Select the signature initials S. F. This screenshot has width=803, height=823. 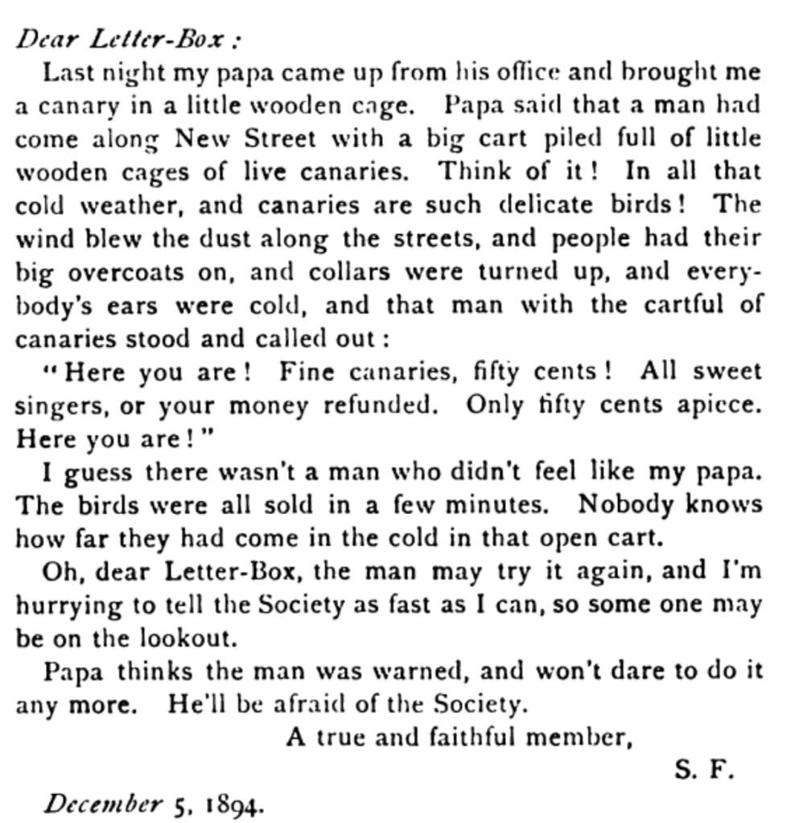coord(705,771)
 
